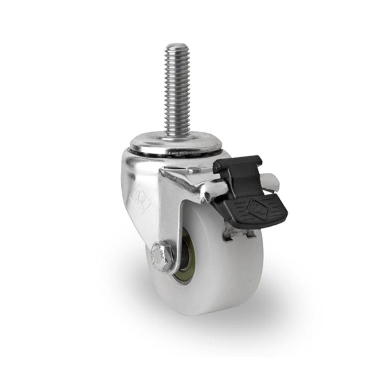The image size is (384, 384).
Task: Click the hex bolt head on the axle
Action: pos(159,253)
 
